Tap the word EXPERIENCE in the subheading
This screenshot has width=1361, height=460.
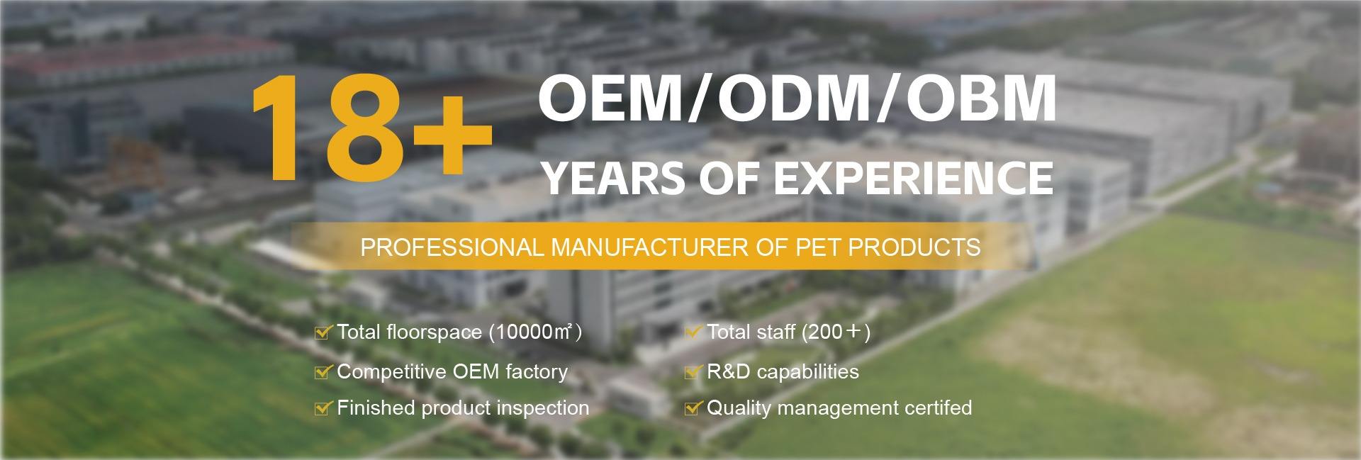(x=912, y=177)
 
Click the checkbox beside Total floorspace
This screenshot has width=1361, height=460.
(x=323, y=332)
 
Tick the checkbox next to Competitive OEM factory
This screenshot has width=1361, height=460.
(x=323, y=371)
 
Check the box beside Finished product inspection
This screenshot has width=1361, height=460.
(x=323, y=408)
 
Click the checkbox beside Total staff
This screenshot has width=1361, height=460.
(x=693, y=332)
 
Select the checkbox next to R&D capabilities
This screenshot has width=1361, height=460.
(x=693, y=371)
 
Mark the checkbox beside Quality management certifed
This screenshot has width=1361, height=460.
(x=693, y=408)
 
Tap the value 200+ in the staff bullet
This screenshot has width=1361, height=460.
(x=835, y=332)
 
